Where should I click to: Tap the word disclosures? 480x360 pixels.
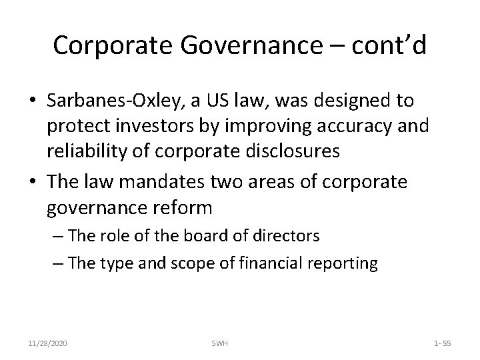291,151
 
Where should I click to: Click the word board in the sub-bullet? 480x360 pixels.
204,235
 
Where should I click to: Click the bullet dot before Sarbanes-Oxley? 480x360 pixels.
33,102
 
